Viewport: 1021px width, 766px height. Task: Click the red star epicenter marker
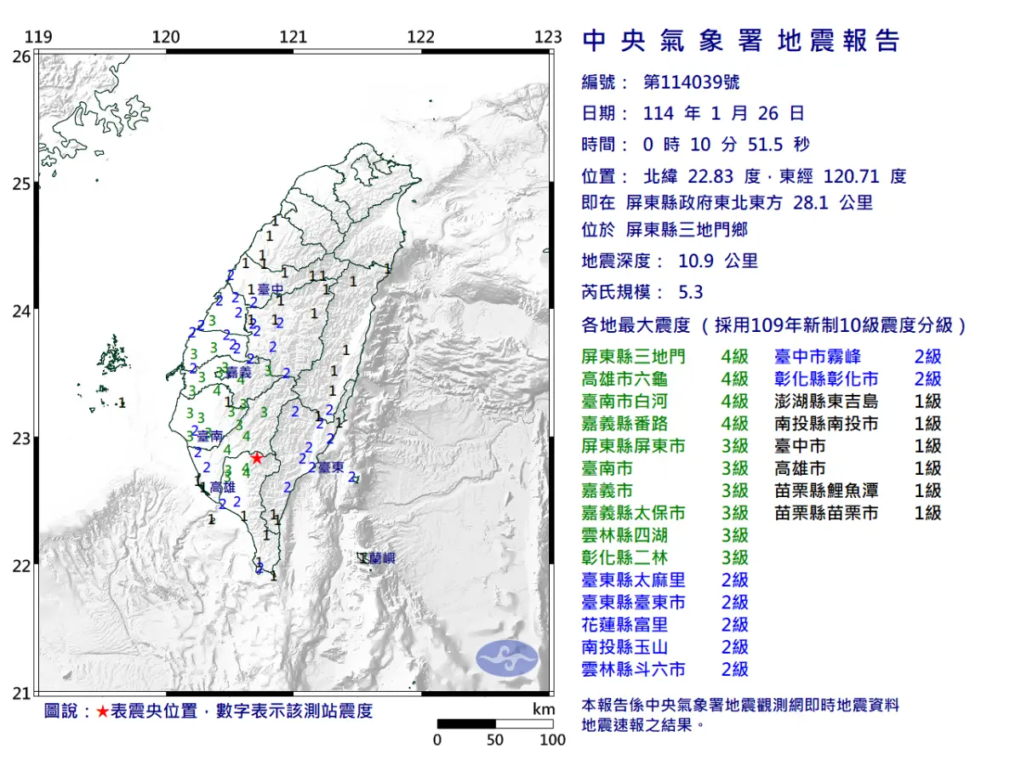click(257, 458)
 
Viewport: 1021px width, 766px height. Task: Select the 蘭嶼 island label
click(380, 558)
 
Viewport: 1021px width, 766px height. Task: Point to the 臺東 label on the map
click(331, 466)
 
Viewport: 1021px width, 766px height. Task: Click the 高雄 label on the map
click(221, 487)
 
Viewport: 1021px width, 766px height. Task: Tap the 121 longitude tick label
click(294, 37)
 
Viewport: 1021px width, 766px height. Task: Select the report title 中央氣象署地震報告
click(740, 41)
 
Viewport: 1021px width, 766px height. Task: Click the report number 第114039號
click(691, 83)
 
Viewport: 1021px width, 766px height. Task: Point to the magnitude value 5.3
click(691, 292)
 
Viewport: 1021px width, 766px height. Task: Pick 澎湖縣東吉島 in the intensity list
click(825, 401)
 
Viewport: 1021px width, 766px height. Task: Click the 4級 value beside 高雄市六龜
click(734, 379)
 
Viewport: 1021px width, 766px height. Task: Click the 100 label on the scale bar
click(552, 740)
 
